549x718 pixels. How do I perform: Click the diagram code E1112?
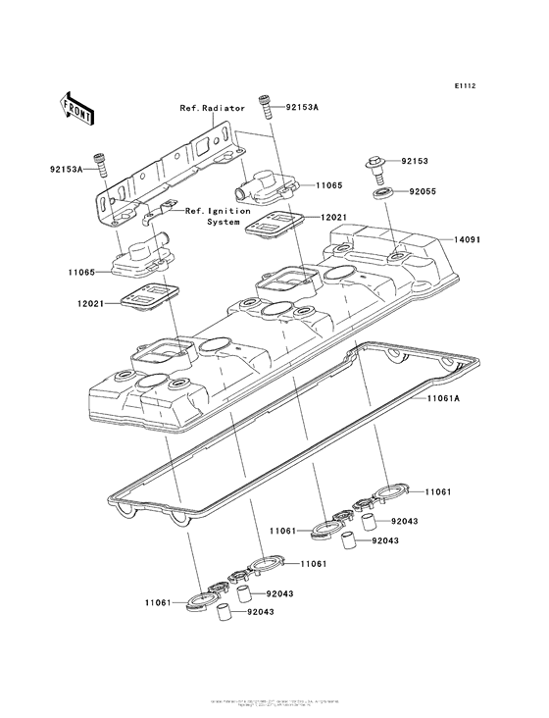tap(465, 86)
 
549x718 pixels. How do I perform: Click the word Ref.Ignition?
tap(218, 210)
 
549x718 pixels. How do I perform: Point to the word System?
tap(223, 222)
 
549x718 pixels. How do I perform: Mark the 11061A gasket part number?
tap(447, 399)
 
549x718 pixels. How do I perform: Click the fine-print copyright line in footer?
tap(274, 704)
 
